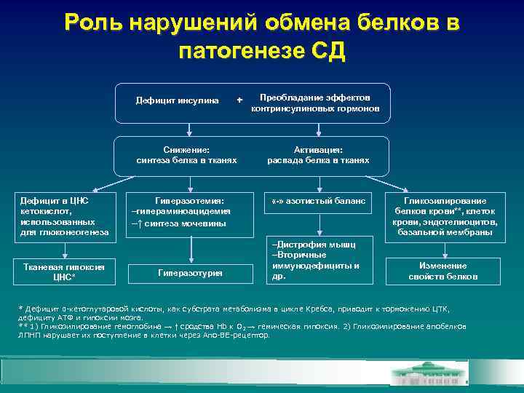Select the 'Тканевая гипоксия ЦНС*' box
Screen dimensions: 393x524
(65, 271)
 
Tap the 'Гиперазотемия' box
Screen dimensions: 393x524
(189, 211)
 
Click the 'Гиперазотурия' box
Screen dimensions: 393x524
(189, 272)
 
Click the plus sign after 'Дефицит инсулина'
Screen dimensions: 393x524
(239, 100)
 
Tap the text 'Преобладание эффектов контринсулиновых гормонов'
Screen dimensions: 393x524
(320, 103)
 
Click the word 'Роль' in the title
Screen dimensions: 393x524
(93, 23)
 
